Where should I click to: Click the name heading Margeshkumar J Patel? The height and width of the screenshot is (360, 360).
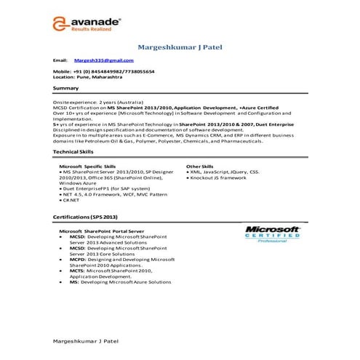pyautogui.click(x=180, y=48)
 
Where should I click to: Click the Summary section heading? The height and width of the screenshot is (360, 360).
pyautogui.click(x=66, y=88)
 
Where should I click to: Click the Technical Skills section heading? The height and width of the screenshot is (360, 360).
pyautogui.click(x=73, y=152)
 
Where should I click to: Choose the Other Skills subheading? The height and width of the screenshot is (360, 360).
pyautogui.click(x=200, y=167)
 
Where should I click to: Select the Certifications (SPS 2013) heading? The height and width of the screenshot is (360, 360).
pyautogui.click(x=84, y=217)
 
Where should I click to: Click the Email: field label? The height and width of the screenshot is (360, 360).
pyautogui.click(x=60, y=60)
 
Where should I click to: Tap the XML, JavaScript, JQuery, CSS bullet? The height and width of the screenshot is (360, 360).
pyautogui.click(x=223, y=172)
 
